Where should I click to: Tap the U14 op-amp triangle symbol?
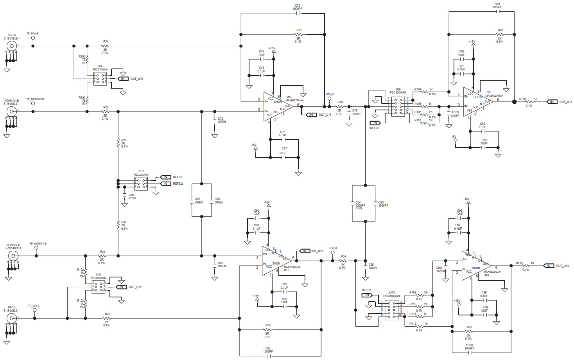(x=475, y=266)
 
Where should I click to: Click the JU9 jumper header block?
(x=398, y=106)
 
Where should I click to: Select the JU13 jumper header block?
(x=391, y=310)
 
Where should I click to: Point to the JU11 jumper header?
(x=141, y=184)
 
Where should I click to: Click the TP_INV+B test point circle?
(x=33, y=38)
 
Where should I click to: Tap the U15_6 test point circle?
(x=329, y=99)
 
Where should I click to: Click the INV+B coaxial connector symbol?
(x=11, y=46)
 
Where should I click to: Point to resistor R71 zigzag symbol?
(x=105, y=46)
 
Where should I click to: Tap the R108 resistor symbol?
(x=529, y=102)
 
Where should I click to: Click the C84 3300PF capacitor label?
(x=359, y=205)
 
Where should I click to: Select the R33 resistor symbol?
(x=118, y=225)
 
